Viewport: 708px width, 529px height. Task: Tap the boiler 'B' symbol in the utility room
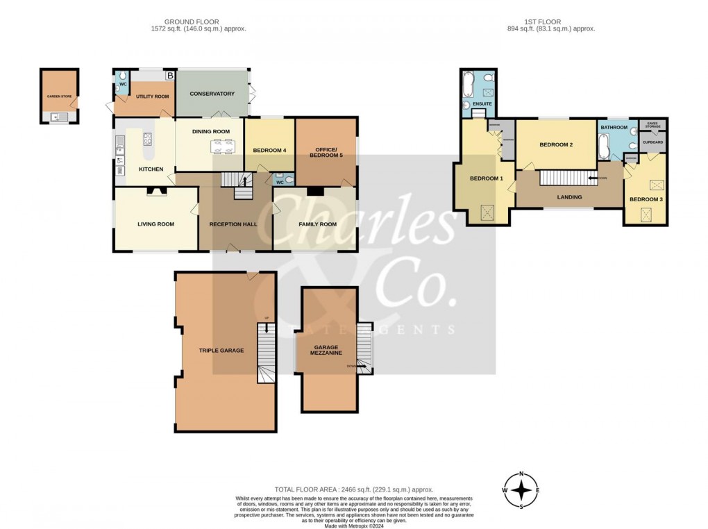click(169, 75)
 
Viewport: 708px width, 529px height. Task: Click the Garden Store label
click(58, 97)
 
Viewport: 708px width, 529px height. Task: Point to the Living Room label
click(155, 224)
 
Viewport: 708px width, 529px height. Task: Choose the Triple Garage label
click(221, 351)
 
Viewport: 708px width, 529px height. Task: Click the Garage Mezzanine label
click(328, 350)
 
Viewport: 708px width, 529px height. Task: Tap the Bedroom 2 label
click(556, 144)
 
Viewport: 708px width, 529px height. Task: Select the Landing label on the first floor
click(568, 197)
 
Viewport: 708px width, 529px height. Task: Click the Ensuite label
click(482, 104)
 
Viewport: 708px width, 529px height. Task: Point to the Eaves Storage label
click(652, 125)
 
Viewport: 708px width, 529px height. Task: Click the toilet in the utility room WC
click(122, 76)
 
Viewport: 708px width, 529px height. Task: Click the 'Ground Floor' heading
click(198, 22)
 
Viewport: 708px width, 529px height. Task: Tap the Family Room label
click(317, 224)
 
